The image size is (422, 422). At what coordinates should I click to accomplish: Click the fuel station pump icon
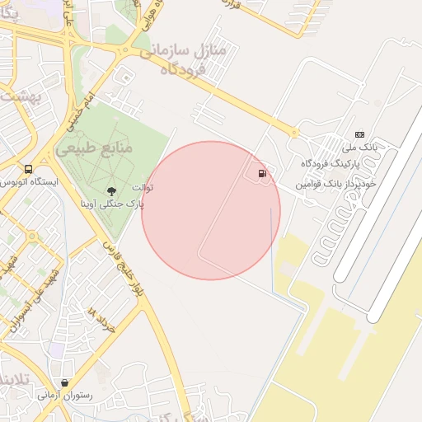tap(262, 173)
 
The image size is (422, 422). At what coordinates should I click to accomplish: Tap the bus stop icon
tap(29, 169)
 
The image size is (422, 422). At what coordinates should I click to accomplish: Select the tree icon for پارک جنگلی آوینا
tap(110, 191)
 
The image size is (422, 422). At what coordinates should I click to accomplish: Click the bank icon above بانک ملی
tap(359, 134)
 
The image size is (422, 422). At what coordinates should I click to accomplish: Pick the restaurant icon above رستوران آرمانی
tap(64, 382)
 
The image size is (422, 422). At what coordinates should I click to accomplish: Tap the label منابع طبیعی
tap(96, 150)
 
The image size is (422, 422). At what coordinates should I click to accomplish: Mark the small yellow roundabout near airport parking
tap(294, 132)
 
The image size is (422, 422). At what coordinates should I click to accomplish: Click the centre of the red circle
tap(211, 210)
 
